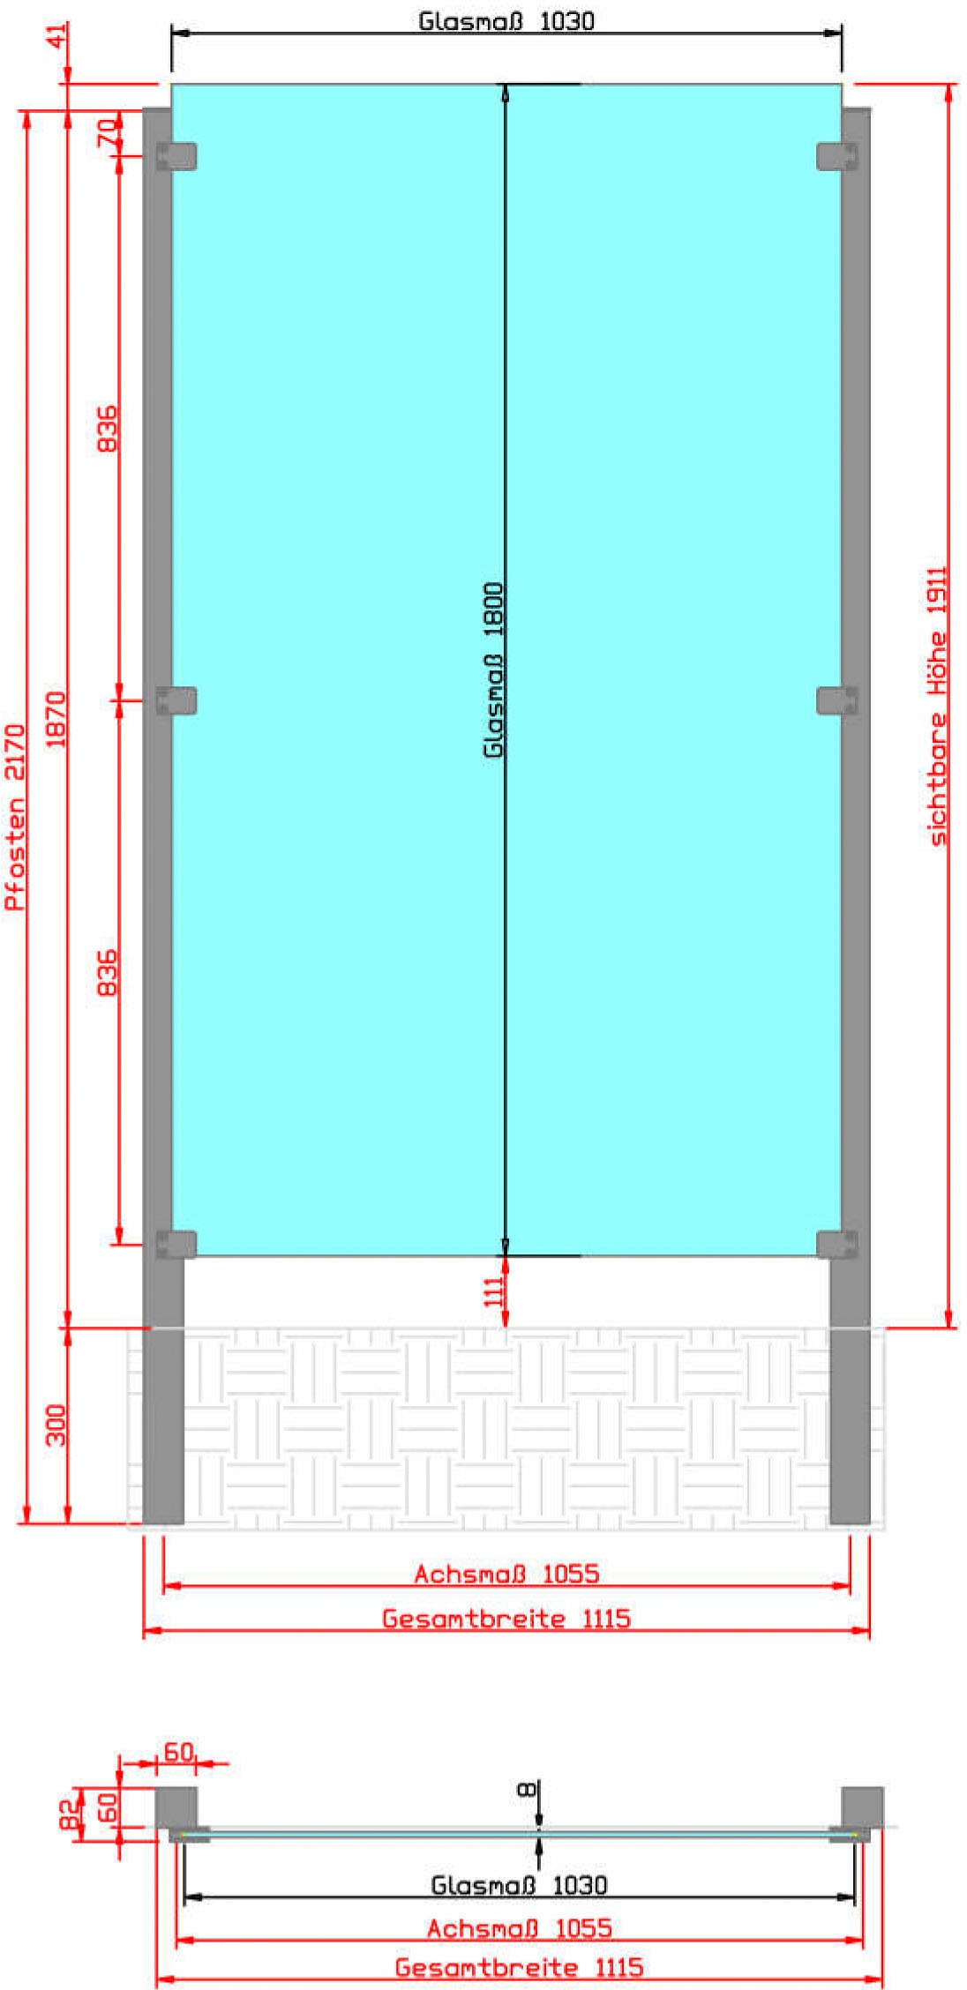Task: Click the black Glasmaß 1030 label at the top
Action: pos(506,20)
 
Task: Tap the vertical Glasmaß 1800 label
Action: pos(493,670)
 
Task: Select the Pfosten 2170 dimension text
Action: pos(16,817)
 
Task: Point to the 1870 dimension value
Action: pos(56,720)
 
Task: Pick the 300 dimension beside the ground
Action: pos(56,1425)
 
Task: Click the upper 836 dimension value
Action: pos(107,429)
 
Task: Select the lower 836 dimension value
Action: pos(107,973)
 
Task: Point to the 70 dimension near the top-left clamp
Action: pos(107,133)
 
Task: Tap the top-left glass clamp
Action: pos(176,156)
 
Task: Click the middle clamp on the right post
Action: pos(837,700)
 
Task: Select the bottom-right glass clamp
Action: pos(837,1245)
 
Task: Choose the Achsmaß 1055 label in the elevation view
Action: pos(507,1573)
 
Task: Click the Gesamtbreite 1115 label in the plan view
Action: pos(519,1966)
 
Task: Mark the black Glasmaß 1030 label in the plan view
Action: pos(519,1885)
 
